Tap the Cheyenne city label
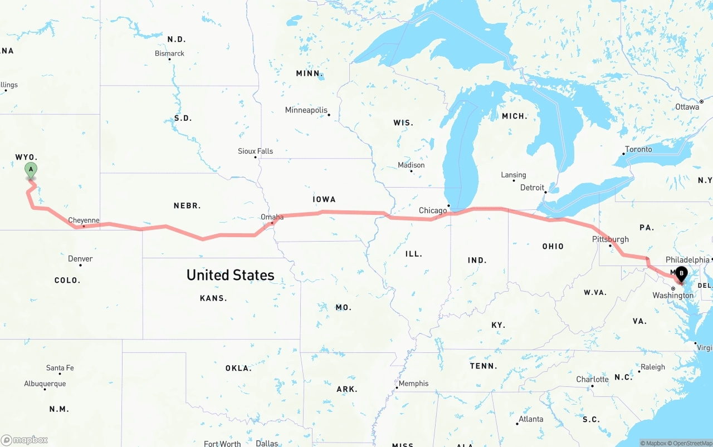pos(84,220)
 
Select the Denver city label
pos(80,259)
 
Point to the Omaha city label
pos(272,217)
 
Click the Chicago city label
pos(433,210)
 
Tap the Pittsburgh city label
pos(611,239)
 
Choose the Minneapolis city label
pos(306,110)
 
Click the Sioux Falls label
pos(255,151)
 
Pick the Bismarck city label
pos(169,53)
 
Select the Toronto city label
pos(638,149)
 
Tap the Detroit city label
pos(532,188)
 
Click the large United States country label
pos(230,275)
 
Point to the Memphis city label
pos(414,384)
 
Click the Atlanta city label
pos(530,419)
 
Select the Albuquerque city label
pos(45,384)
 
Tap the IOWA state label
pos(324,199)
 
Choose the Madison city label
pos(411,165)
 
